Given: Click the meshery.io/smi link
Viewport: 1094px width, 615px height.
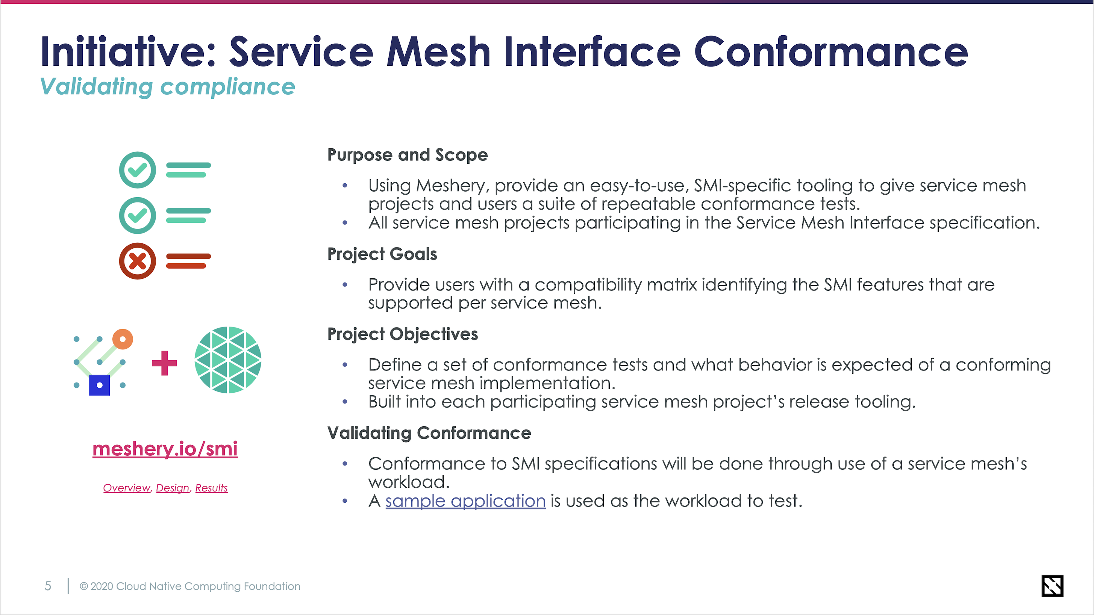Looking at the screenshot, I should (x=165, y=449).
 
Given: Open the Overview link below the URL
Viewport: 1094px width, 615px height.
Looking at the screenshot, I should (x=127, y=488).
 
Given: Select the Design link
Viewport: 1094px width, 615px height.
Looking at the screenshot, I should (x=173, y=488).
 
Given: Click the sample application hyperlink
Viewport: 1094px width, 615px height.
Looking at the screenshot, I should (x=465, y=501).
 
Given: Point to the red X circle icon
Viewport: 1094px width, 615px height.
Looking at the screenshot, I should (x=137, y=261).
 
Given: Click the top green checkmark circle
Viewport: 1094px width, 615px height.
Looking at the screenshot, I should (x=137, y=170).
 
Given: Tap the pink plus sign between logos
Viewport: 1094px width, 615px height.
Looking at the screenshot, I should (x=164, y=363).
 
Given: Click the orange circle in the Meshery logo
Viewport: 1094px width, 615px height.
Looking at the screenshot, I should (x=123, y=339).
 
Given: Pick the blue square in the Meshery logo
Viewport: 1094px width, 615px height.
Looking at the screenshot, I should (x=99, y=385).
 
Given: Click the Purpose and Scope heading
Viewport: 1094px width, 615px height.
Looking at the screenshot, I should (x=407, y=155).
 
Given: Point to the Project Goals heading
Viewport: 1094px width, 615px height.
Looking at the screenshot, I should (x=382, y=254).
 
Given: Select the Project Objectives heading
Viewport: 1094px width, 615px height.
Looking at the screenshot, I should (x=402, y=334).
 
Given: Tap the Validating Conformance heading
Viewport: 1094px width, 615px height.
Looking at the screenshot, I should (x=429, y=433).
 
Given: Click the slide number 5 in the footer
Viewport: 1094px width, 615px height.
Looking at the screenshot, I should (x=48, y=586).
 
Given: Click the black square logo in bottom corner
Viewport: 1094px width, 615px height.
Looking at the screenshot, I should (x=1052, y=586).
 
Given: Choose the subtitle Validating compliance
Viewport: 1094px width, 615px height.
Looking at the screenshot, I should (x=167, y=87).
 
